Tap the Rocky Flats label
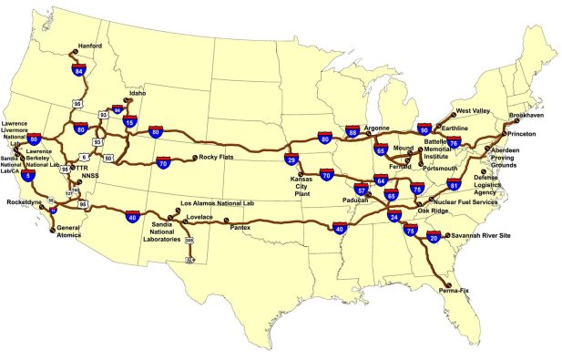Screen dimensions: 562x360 coord(217,158)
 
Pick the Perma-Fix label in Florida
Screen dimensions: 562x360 coord(454,291)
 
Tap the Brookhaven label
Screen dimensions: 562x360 coord(527,116)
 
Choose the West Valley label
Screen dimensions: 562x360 coord(474,109)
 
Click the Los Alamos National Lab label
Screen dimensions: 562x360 coord(217,203)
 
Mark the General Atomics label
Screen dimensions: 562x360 coord(69,231)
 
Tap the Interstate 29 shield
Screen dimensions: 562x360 coord(291,159)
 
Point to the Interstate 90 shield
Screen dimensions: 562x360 coord(424,130)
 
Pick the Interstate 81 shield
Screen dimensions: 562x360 coord(454,186)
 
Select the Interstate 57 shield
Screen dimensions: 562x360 coord(361,190)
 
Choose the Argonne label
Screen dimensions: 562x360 coord(377,129)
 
